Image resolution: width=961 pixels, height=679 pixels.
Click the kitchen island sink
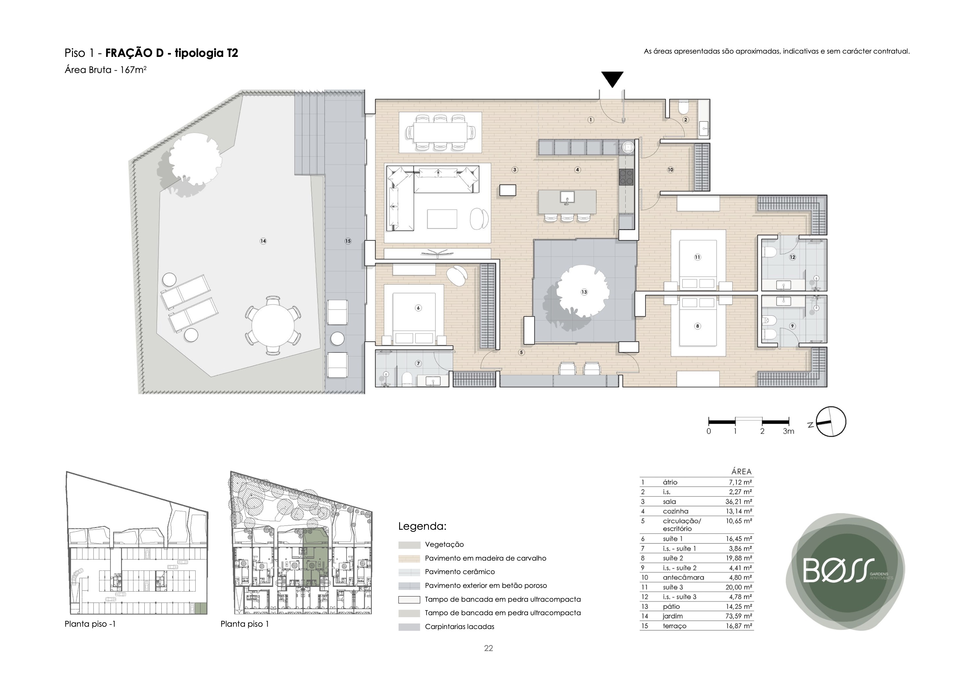pos(567,197)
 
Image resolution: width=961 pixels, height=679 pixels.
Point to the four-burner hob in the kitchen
pos(627,177)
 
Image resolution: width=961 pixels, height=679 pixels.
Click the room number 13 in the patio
pos(584,292)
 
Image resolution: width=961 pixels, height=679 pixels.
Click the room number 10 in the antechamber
pos(670,170)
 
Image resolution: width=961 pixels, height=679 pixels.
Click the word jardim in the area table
pos(673,616)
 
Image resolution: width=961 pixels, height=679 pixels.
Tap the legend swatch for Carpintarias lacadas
pos(409,627)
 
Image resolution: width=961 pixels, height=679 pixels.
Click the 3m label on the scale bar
pos(788,431)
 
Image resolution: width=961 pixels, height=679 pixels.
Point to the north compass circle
pos(831,422)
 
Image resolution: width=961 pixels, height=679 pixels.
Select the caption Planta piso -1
pos(90,624)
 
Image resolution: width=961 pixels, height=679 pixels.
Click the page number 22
pos(489,648)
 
